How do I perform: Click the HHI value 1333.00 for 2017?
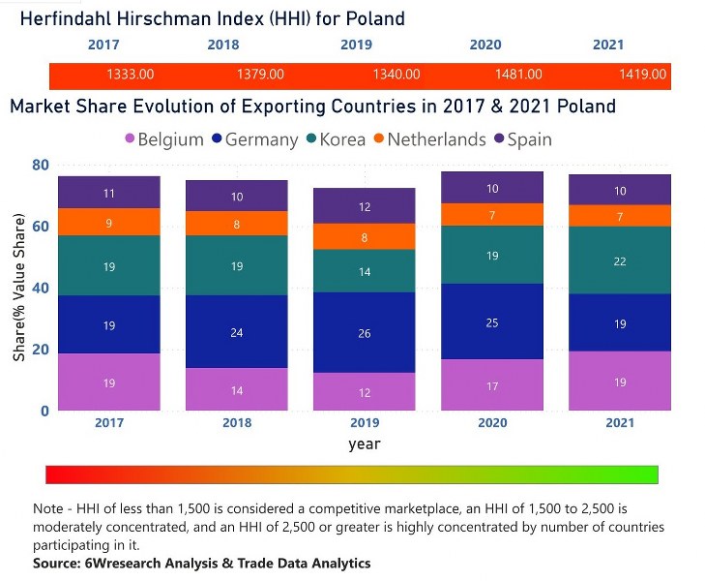coord(131,74)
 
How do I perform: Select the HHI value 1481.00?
coord(518,74)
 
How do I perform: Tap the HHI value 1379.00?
coord(260,74)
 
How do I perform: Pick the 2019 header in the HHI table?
coord(356,45)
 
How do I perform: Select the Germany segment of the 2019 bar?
coord(365,332)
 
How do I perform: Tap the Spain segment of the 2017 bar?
coord(109,193)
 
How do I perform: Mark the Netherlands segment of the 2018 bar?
coord(237,224)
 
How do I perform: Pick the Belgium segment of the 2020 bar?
coord(491,385)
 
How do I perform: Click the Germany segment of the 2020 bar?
coord(491,321)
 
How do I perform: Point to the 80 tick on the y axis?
coord(39,165)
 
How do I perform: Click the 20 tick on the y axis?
coord(39,350)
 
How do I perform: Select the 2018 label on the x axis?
coord(237,424)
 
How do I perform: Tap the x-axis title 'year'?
coord(365,444)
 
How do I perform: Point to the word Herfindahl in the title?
coord(65,18)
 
